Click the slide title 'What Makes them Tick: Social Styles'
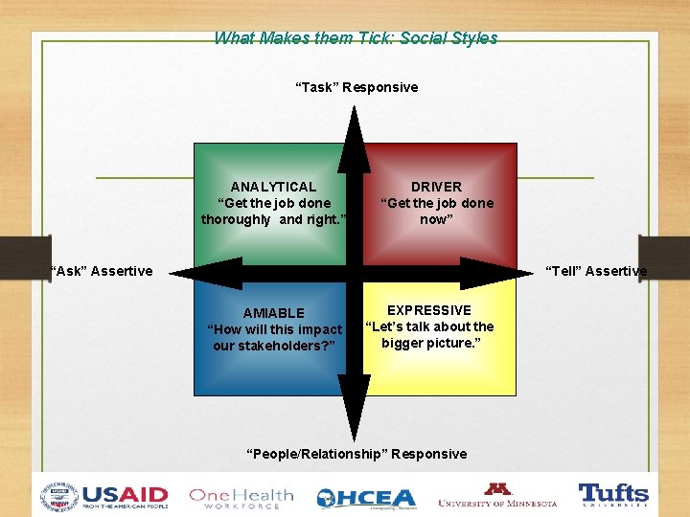(356, 38)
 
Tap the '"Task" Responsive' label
(356, 87)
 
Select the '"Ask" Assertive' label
(102, 271)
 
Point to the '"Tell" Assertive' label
(596, 271)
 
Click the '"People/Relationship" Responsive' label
(356, 454)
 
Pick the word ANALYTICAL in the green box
(273, 187)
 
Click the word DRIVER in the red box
(436, 187)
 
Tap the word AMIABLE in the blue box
(274, 313)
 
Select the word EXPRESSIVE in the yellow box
(429, 310)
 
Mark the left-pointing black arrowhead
(213, 273)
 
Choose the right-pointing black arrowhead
(494, 273)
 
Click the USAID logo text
(125, 496)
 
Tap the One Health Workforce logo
(241, 497)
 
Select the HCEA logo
(367, 498)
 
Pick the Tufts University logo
(613, 495)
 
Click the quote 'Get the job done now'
(436, 211)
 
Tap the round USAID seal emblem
(59, 497)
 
